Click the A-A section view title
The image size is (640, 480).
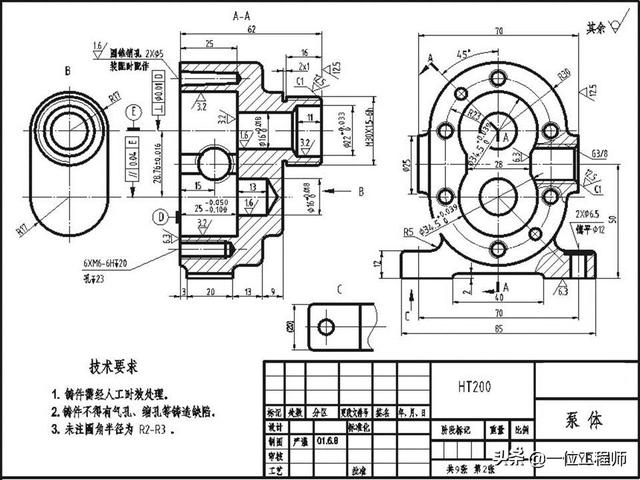pos(241,17)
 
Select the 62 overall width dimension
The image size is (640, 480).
pos(241,30)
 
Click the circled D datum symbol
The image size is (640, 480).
pos(160,216)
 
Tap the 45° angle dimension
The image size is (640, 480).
pos(463,52)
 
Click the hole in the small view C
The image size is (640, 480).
pos(325,326)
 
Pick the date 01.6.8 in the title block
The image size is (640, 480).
pos(328,438)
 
